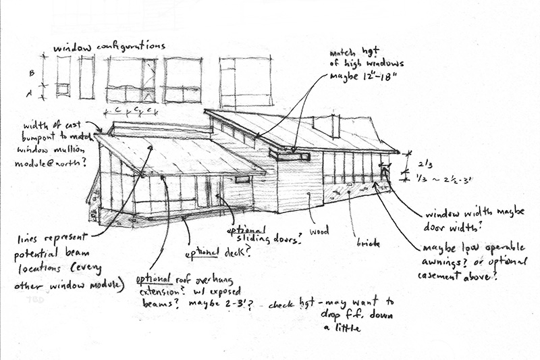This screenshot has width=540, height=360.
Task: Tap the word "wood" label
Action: [319, 231]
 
